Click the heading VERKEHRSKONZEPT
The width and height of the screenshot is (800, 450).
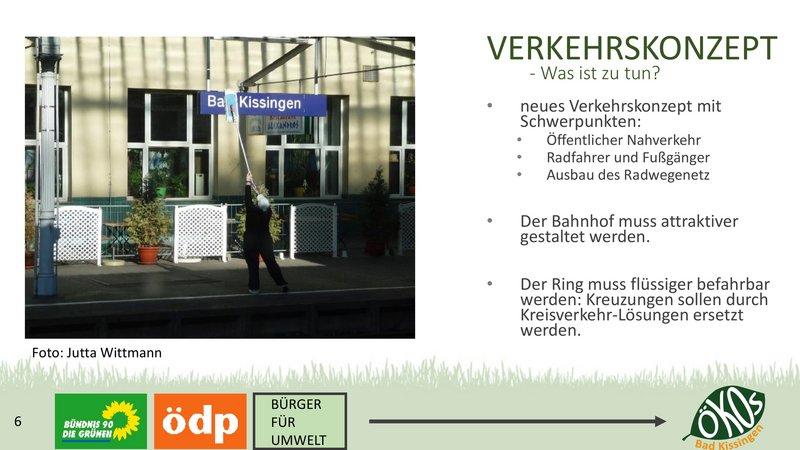tap(632, 48)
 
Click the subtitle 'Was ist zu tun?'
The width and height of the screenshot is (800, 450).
tap(600, 73)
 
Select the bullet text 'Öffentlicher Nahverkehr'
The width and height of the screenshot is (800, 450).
tap(623, 140)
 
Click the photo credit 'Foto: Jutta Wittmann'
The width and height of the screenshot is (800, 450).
tap(96, 353)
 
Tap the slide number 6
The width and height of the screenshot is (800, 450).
tap(18, 421)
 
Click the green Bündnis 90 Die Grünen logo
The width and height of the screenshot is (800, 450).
tap(101, 421)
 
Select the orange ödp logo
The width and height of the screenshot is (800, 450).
tap(200, 421)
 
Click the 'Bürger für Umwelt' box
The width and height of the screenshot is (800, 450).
tap(300, 421)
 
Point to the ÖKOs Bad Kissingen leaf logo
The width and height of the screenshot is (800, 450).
tap(724, 417)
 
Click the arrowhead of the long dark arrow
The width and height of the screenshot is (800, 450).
tap(660, 421)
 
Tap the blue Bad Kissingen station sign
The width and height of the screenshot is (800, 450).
tap(263, 104)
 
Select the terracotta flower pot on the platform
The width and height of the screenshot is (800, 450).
tap(148, 255)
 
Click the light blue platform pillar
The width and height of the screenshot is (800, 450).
tap(47, 167)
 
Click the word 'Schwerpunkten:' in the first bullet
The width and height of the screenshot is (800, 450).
tap(581, 122)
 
